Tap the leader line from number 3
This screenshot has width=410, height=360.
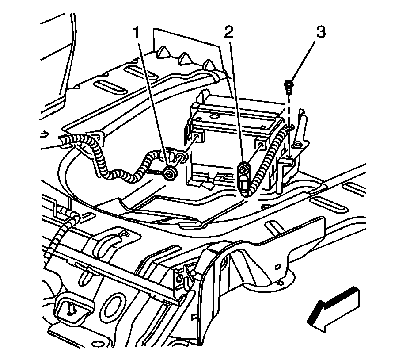pos(304,59)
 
